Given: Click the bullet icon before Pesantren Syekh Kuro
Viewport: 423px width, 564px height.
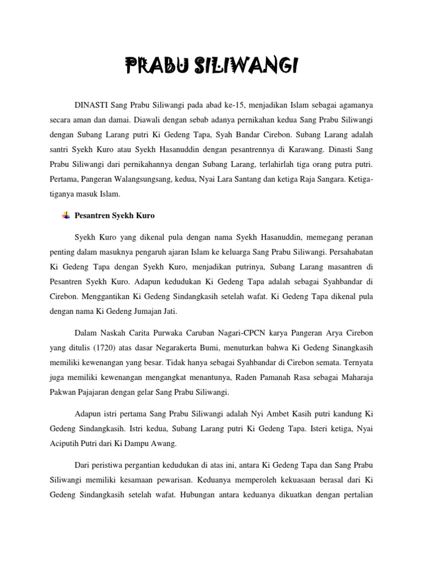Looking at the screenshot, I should [x=66, y=215].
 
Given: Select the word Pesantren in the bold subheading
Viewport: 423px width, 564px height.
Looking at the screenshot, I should [x=92, y=215].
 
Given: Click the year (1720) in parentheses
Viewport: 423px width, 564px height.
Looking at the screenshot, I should [x=105, y=347].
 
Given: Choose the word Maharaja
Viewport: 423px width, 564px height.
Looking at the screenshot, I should [x=356, y=377].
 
